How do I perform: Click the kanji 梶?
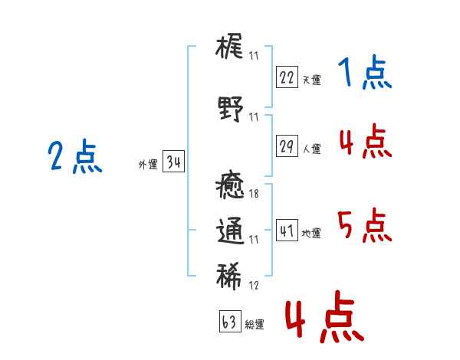(x=229, y=46)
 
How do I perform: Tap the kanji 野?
(x=231, y=109)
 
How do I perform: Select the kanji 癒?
(x=230, y=185)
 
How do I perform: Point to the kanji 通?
(x=231, y=231)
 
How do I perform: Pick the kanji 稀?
(x=229, y=277)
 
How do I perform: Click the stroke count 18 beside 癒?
(x=254, y=194)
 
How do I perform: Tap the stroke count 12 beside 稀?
(x=254, y=285)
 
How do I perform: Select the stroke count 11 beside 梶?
(x=254, y=56)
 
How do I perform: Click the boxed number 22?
(x=287, y=77)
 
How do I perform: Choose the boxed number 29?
(x=287, y=146)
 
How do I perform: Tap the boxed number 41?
(x=287, y=230)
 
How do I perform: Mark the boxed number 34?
(x=173, y=162)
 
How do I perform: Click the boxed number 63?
(x=230, y=321)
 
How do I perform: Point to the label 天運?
(x=311, y=80)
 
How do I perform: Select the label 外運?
(x=148, y=164)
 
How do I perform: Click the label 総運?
(x=255, y=324)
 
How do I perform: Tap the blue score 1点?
(x=365, y=72)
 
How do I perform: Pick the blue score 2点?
(x=75, y=156)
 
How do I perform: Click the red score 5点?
(x=365, y=225)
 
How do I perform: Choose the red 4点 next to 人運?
(x=366, y=141)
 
